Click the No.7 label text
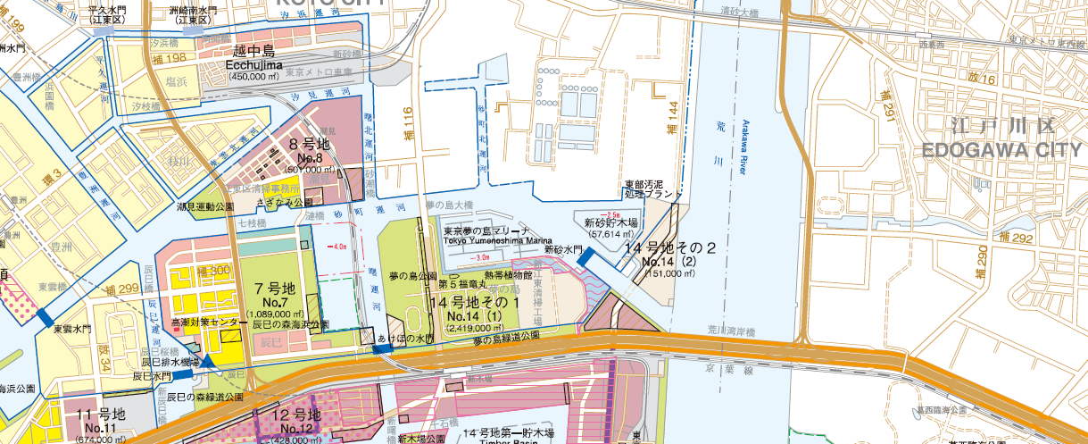point(275,303)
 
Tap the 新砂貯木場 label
point(611,222)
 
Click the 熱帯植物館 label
point(508,275)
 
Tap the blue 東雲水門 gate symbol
point(43,316)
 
